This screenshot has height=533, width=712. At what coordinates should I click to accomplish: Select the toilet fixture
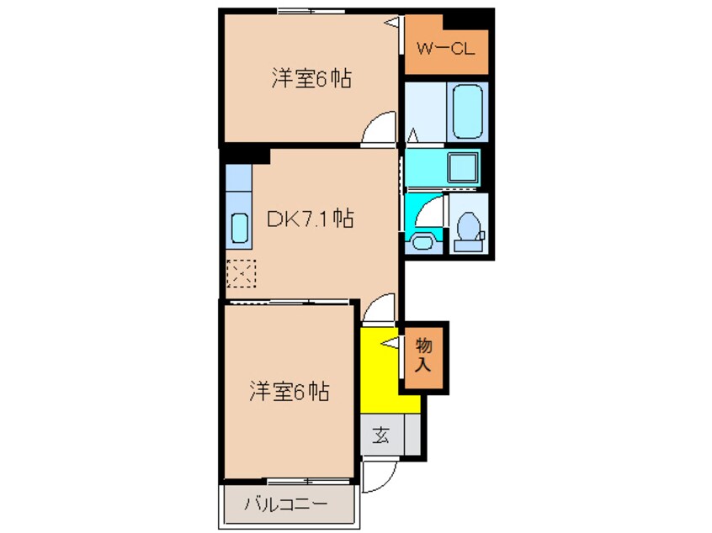pos(468,229)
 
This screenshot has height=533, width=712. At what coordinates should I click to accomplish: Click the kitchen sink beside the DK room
pos(238,228)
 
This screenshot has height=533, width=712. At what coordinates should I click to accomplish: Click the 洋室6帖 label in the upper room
pos(311,79)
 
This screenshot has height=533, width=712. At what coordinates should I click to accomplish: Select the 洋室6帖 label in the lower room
pos(288,391)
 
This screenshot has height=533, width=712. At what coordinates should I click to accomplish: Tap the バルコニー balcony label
pos(274,505)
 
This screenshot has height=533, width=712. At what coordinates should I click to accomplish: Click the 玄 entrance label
pos(381,435)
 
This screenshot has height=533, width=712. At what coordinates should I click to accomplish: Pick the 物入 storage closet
pos(423,354)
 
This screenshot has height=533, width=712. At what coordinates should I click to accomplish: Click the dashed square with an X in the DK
pos(241,272)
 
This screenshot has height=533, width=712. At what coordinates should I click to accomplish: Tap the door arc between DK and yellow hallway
pos(378,308)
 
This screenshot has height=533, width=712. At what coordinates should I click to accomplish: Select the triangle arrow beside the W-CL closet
pos(392,23)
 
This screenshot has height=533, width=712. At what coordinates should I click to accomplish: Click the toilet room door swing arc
pos(430,209)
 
